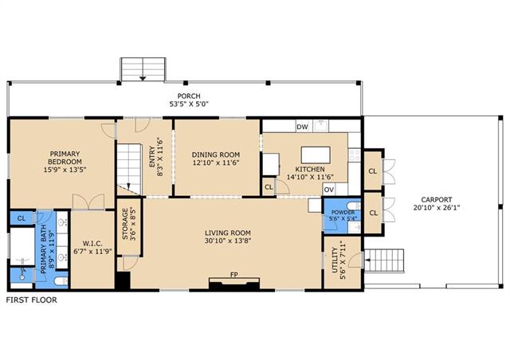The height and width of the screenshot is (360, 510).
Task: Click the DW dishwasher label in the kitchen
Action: tap(302, 127)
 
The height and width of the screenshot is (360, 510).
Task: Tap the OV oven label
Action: tap(329, 190)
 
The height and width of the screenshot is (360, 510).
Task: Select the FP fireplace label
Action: tap(233, 275)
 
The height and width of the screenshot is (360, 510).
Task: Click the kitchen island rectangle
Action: tap(316, 155)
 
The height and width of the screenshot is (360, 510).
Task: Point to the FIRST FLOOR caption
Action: tap(32, 300)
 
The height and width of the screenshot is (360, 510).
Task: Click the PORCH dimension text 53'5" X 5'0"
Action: tap(189, 104)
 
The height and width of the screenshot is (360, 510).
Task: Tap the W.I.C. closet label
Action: tap(92, 243)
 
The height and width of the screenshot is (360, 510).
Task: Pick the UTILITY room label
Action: tap(335, 260)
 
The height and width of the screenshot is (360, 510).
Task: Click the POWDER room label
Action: tap(343, 213)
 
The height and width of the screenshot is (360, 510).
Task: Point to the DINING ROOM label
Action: tap(216, 155)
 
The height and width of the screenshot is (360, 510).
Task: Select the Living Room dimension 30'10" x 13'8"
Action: tap(228, 241)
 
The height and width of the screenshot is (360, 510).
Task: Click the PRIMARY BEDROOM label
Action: tap(65, 158)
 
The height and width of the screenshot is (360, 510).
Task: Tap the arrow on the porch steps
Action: tap(143, 78)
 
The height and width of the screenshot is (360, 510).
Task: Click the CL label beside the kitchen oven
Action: tap(269, 187)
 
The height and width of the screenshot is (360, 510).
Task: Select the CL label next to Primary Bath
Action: tap(22, 218)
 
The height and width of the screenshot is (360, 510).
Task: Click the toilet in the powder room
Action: tap(354, 205)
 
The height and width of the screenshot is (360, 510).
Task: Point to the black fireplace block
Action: tap(234, 284)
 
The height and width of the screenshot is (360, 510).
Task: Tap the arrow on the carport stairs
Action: tap(367, 260)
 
